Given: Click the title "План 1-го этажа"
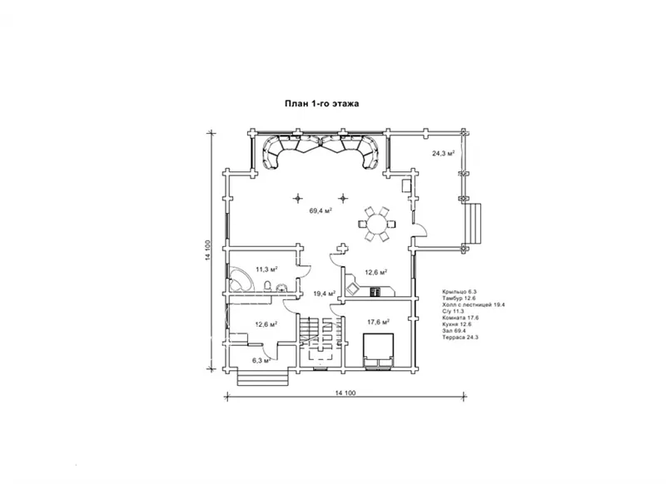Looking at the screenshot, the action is (321, 103).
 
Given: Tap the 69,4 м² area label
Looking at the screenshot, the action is (321, 210).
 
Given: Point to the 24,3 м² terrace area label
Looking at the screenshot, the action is (444, 153).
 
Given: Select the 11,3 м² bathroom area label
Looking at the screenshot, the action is (266, 269).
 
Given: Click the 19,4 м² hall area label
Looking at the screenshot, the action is (325, 294).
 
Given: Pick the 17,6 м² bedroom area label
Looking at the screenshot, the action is (379, 322).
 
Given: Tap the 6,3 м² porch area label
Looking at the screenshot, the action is (261, 361).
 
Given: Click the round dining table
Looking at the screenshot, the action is (377, 224).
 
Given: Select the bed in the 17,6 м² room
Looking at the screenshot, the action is (378, 352).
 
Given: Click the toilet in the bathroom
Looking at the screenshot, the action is (267, 286).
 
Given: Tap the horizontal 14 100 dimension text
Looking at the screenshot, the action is (345, 393).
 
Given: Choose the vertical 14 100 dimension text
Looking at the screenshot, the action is (207, 250).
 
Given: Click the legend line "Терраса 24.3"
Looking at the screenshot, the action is (460, 338).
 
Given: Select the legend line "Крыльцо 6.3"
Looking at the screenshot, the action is (460, 292).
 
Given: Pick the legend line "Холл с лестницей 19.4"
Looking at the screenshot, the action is (473, 304).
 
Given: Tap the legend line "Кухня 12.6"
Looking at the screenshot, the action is (456, 324).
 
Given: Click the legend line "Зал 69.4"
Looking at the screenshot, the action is (454, 330).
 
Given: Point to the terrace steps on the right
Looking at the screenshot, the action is (473, 223).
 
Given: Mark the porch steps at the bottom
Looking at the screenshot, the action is (262, 378).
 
